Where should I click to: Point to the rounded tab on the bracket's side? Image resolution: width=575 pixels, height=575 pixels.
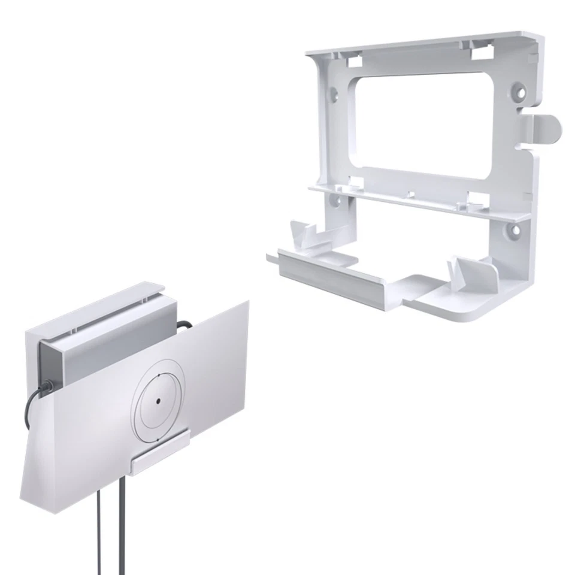tap(547, 128)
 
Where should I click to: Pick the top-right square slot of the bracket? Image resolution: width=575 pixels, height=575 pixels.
tap(481, 53)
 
